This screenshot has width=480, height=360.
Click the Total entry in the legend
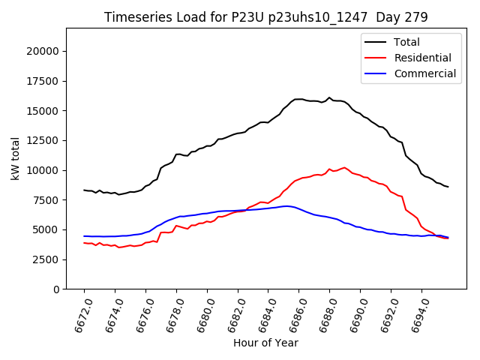point(406,42)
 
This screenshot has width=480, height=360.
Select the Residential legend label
point(422,58)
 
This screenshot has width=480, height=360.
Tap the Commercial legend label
point(424,73)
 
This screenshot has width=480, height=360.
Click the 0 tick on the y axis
point(56,289)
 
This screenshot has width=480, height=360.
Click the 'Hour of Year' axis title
point(265,343)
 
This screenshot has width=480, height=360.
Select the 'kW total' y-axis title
point(15,159)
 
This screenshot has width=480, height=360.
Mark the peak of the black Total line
point(329,97)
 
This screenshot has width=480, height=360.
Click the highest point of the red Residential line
point(344,167)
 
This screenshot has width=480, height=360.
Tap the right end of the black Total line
point(448,187)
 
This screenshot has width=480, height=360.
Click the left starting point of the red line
point(84,243)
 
